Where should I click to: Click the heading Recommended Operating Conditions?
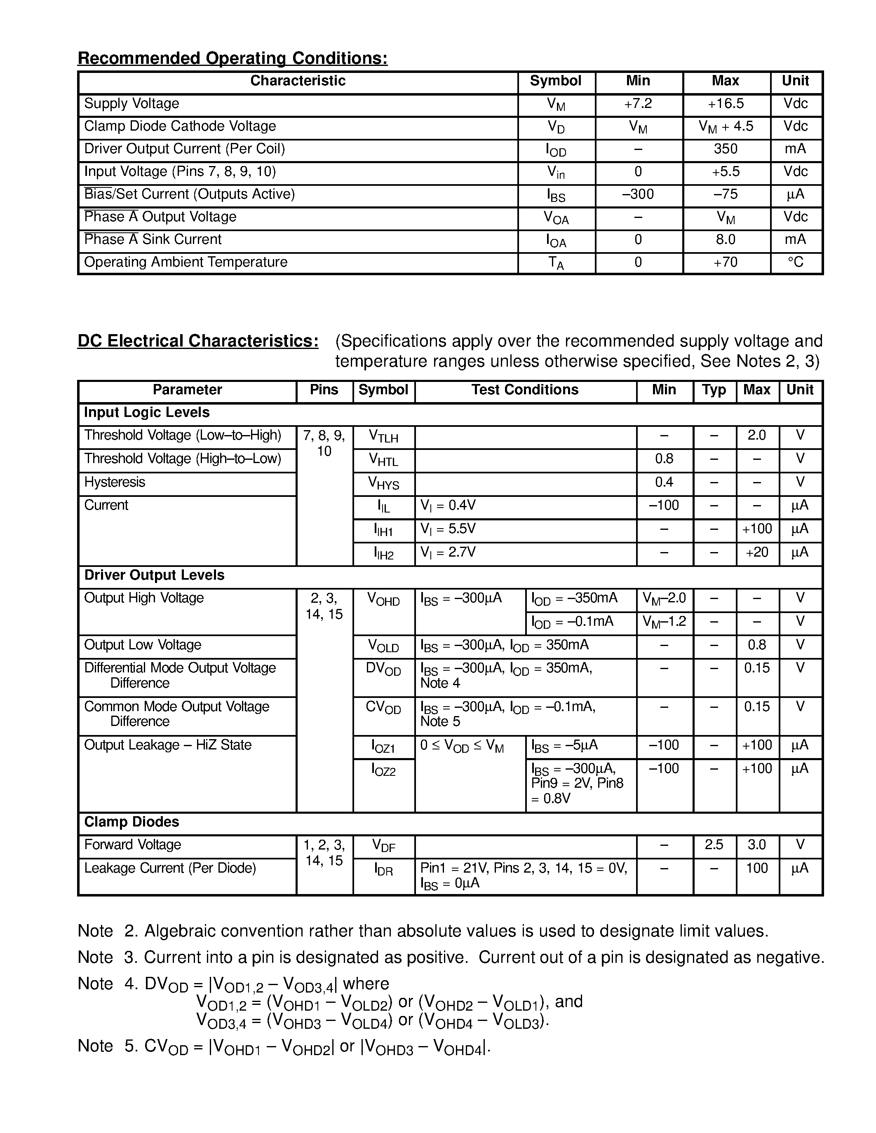[233, 58]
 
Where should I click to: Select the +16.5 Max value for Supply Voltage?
[726, 104]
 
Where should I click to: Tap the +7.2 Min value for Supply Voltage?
[638, 104]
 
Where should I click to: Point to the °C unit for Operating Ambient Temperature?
[796, 262]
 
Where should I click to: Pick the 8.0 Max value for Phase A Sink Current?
[726, 240]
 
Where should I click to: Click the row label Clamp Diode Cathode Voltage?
[180, 126]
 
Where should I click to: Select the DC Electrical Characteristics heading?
[198, 341]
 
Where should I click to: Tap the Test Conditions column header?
[525, 390]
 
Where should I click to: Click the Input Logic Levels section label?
[147, 412]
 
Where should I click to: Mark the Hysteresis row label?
[115, 482]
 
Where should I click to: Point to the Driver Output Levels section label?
[154, 575]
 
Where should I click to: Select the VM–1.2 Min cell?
[664, 621]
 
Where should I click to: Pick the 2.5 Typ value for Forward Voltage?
[714, 845]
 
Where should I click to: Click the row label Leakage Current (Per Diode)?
[170, 868]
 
